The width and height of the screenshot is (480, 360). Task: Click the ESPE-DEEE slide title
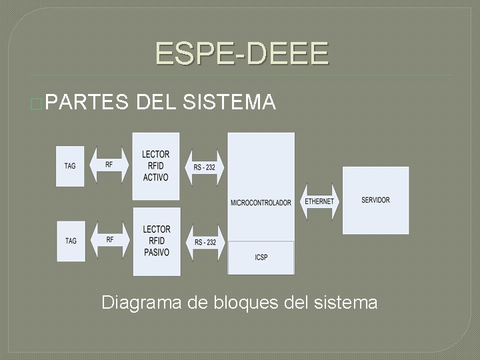[242, 53]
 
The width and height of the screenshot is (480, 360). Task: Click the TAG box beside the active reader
[70, 166]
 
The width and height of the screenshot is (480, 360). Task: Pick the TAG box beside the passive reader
[71, 241]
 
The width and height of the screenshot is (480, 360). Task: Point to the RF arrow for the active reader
[109, 165]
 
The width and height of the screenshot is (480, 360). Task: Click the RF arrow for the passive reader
[109, 240]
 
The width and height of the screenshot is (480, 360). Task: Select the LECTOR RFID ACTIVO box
[156, 166]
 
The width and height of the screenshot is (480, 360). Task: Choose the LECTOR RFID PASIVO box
[157, 241]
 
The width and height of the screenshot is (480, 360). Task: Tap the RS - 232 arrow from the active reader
[205, 167]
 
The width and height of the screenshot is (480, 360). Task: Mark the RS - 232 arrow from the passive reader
[205, 242]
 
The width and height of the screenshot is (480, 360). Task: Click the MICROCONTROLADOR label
[261, 203]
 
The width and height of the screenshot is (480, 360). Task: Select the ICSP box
[261, 257]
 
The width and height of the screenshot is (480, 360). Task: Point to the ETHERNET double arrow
[319, 201]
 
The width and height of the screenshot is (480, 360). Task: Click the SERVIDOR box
[375, 200]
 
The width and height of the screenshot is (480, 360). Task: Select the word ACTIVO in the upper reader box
[155, 177]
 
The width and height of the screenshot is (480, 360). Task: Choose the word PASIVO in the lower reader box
[157, 253]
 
